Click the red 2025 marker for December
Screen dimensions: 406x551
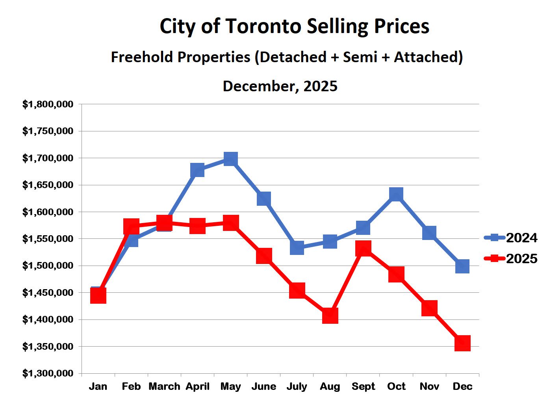pyautogui.click(x=462, y=343)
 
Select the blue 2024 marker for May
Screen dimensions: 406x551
pyautogui.click(x=230, y=159)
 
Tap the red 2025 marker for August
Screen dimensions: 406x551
pyautogui.click(x=330, y=316)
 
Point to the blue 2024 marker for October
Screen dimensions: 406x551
pyautogui.click(x=396, y=194)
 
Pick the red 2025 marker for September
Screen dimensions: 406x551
pyautogui.click(x=363, y=249)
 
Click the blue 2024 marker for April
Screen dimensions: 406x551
pyautogui.click(x=197, y=170)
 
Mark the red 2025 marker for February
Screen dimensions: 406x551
pyautogui.click(x=131, y=227)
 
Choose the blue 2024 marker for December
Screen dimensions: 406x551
pyautogui.click(x=462, y=266)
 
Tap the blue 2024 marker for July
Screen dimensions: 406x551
pyautogui.click(x=297, y=248)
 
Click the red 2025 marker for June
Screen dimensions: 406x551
pyautogui.click(x=264, y=256)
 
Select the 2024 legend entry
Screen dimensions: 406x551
pyautogui.click(x=511, y=238)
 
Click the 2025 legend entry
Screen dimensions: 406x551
pyautogui.click(x=511, y=258)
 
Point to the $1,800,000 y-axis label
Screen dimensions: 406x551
pyautogui.click(x=48, y=104)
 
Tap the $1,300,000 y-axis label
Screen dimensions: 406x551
pyautogui.click(x=48, y=373)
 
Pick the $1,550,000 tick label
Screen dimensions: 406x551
pyautogui.click(x=48, y=239)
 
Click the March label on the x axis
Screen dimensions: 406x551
pyautogui.click(x=164, y=386)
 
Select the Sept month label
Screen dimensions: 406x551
pyautogui.click(x=363, y=386)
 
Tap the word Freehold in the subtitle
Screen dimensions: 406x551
pyautogui.click(x=142, y=57)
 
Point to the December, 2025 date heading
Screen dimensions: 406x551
pyautogui.click(x=280, y=86)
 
